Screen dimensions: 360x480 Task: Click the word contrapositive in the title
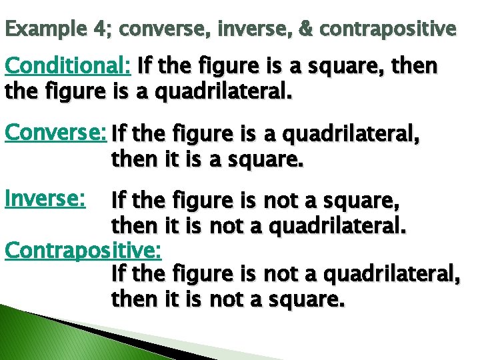388,30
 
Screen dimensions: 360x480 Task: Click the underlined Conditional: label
67,66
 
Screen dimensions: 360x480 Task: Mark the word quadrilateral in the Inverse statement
339,226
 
